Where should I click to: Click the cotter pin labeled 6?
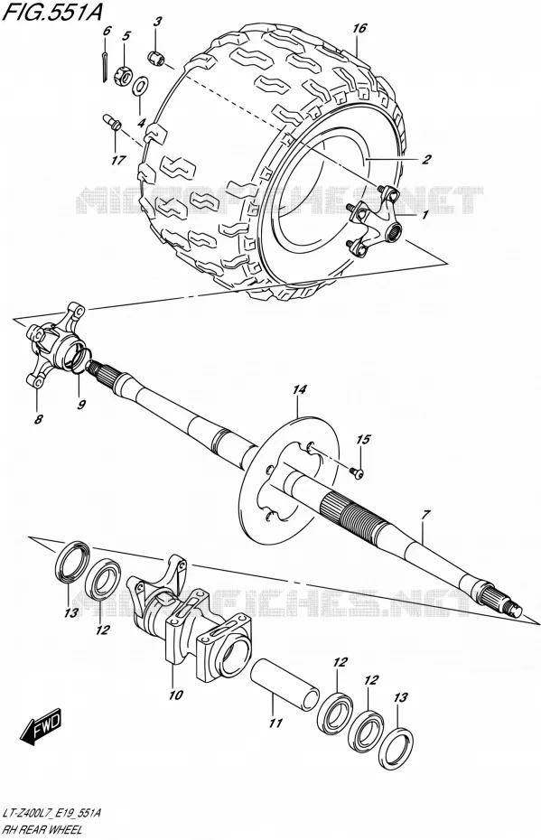(104, 63)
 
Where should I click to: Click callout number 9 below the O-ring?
(81, 405)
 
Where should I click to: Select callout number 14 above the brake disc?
(299, 389)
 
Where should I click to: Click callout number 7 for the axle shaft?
(424, 515)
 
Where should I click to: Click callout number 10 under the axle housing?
(176, 695)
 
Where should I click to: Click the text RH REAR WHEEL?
(42, 830)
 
